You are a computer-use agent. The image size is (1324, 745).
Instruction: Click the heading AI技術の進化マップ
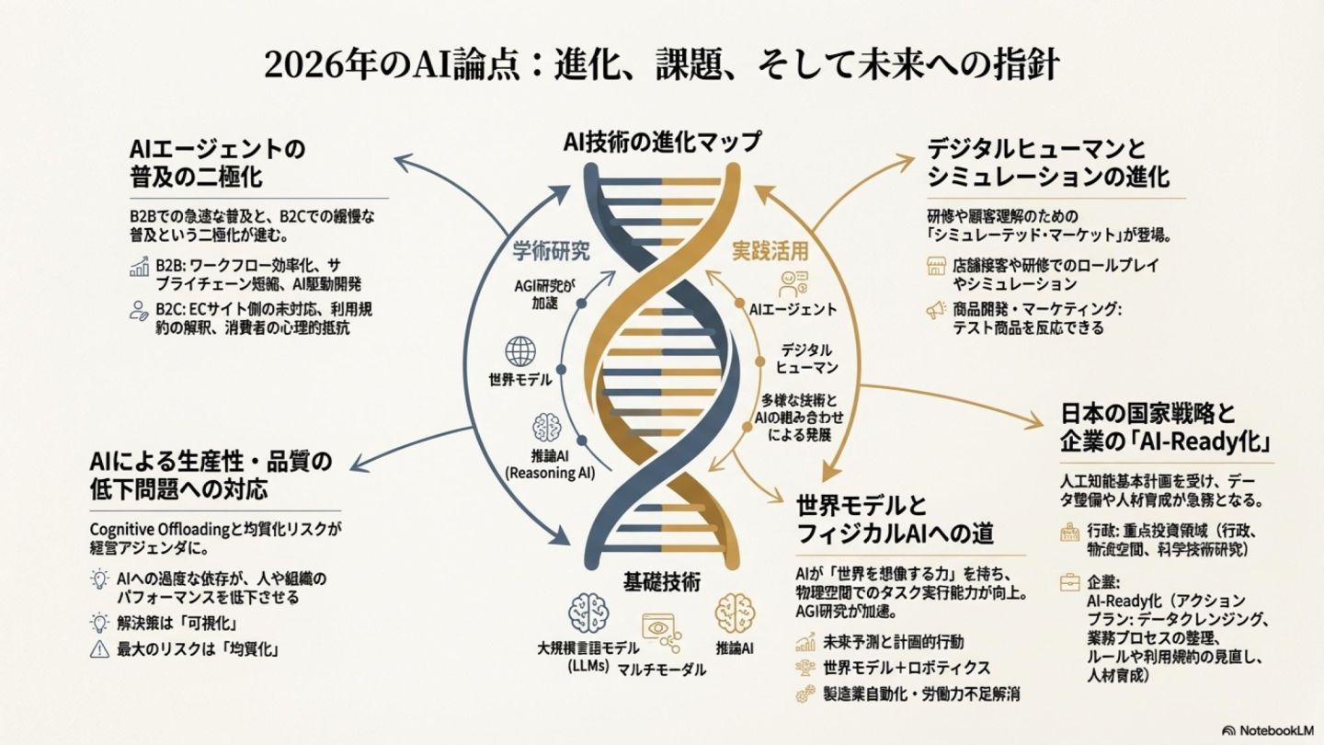point(663,142)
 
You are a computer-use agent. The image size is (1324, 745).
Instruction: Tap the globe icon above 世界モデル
point(520,351)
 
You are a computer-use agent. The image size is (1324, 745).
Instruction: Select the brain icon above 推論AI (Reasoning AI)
point(546,428)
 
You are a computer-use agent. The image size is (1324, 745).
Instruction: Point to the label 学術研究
point(551,250)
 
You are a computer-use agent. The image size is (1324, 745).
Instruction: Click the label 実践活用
point(770,250)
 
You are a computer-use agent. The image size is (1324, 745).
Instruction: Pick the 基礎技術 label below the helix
point(662,581)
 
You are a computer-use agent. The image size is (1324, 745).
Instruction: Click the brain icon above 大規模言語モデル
point(588,613)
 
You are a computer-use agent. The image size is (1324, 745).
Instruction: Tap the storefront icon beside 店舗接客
point(936,267)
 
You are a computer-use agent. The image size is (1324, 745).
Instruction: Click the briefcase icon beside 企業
point(1069,582)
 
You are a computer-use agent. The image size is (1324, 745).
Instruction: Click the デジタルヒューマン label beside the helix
point(807,359)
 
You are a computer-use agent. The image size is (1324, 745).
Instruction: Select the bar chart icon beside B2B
point(140,268)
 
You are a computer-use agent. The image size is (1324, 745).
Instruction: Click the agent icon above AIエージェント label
point(793,282)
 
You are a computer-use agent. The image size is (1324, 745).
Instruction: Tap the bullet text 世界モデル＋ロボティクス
point(907,668)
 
